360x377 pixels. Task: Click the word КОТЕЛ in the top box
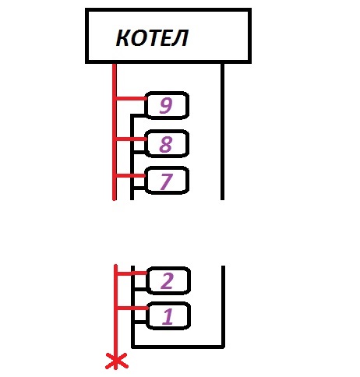[152, 38]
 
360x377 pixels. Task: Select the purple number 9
[166, 105]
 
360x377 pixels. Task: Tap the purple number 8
[166, 144]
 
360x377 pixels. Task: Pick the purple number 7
[167, 181]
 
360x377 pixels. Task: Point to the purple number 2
[167, 280]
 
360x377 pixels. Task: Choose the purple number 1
[168, 316]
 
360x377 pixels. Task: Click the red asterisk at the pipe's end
[116, 361]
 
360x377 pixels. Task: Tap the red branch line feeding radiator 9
[131, 98]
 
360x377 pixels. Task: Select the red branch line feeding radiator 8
[131, 139]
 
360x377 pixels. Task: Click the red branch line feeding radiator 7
[131, 176]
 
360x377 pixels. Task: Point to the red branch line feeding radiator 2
[132, 273]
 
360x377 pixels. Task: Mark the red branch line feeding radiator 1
[133, 308]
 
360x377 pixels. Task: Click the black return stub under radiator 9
[138, 115]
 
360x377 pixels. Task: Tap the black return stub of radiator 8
[139, 151]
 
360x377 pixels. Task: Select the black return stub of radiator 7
[139, 187]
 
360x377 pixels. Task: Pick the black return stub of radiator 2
[140, 288]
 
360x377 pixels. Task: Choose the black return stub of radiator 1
[140, 322]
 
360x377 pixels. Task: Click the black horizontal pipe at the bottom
[178, 347]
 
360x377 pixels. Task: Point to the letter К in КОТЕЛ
[123, 38]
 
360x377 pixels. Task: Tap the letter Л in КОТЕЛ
[181, 38]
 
